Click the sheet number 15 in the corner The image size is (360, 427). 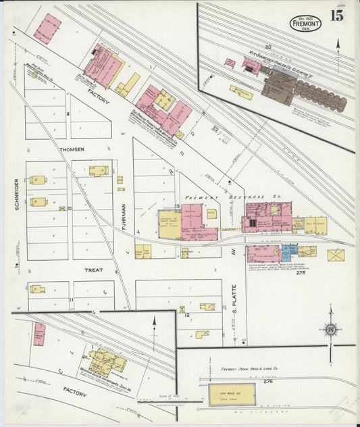[336, 16]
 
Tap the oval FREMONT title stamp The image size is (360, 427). [305, 24]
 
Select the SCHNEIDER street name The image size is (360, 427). [16, 193]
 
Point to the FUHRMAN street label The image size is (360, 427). [124, 217]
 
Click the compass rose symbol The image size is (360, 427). [330, 330]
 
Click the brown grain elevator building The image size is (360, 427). [278, 89]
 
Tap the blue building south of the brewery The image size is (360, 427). [287, 253]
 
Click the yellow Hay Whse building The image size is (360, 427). [232, 394]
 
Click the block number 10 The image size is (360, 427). [69, 208]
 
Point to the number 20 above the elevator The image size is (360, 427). [267, 47]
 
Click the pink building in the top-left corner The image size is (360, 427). [47, 29]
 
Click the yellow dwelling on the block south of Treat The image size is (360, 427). [38, 289]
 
